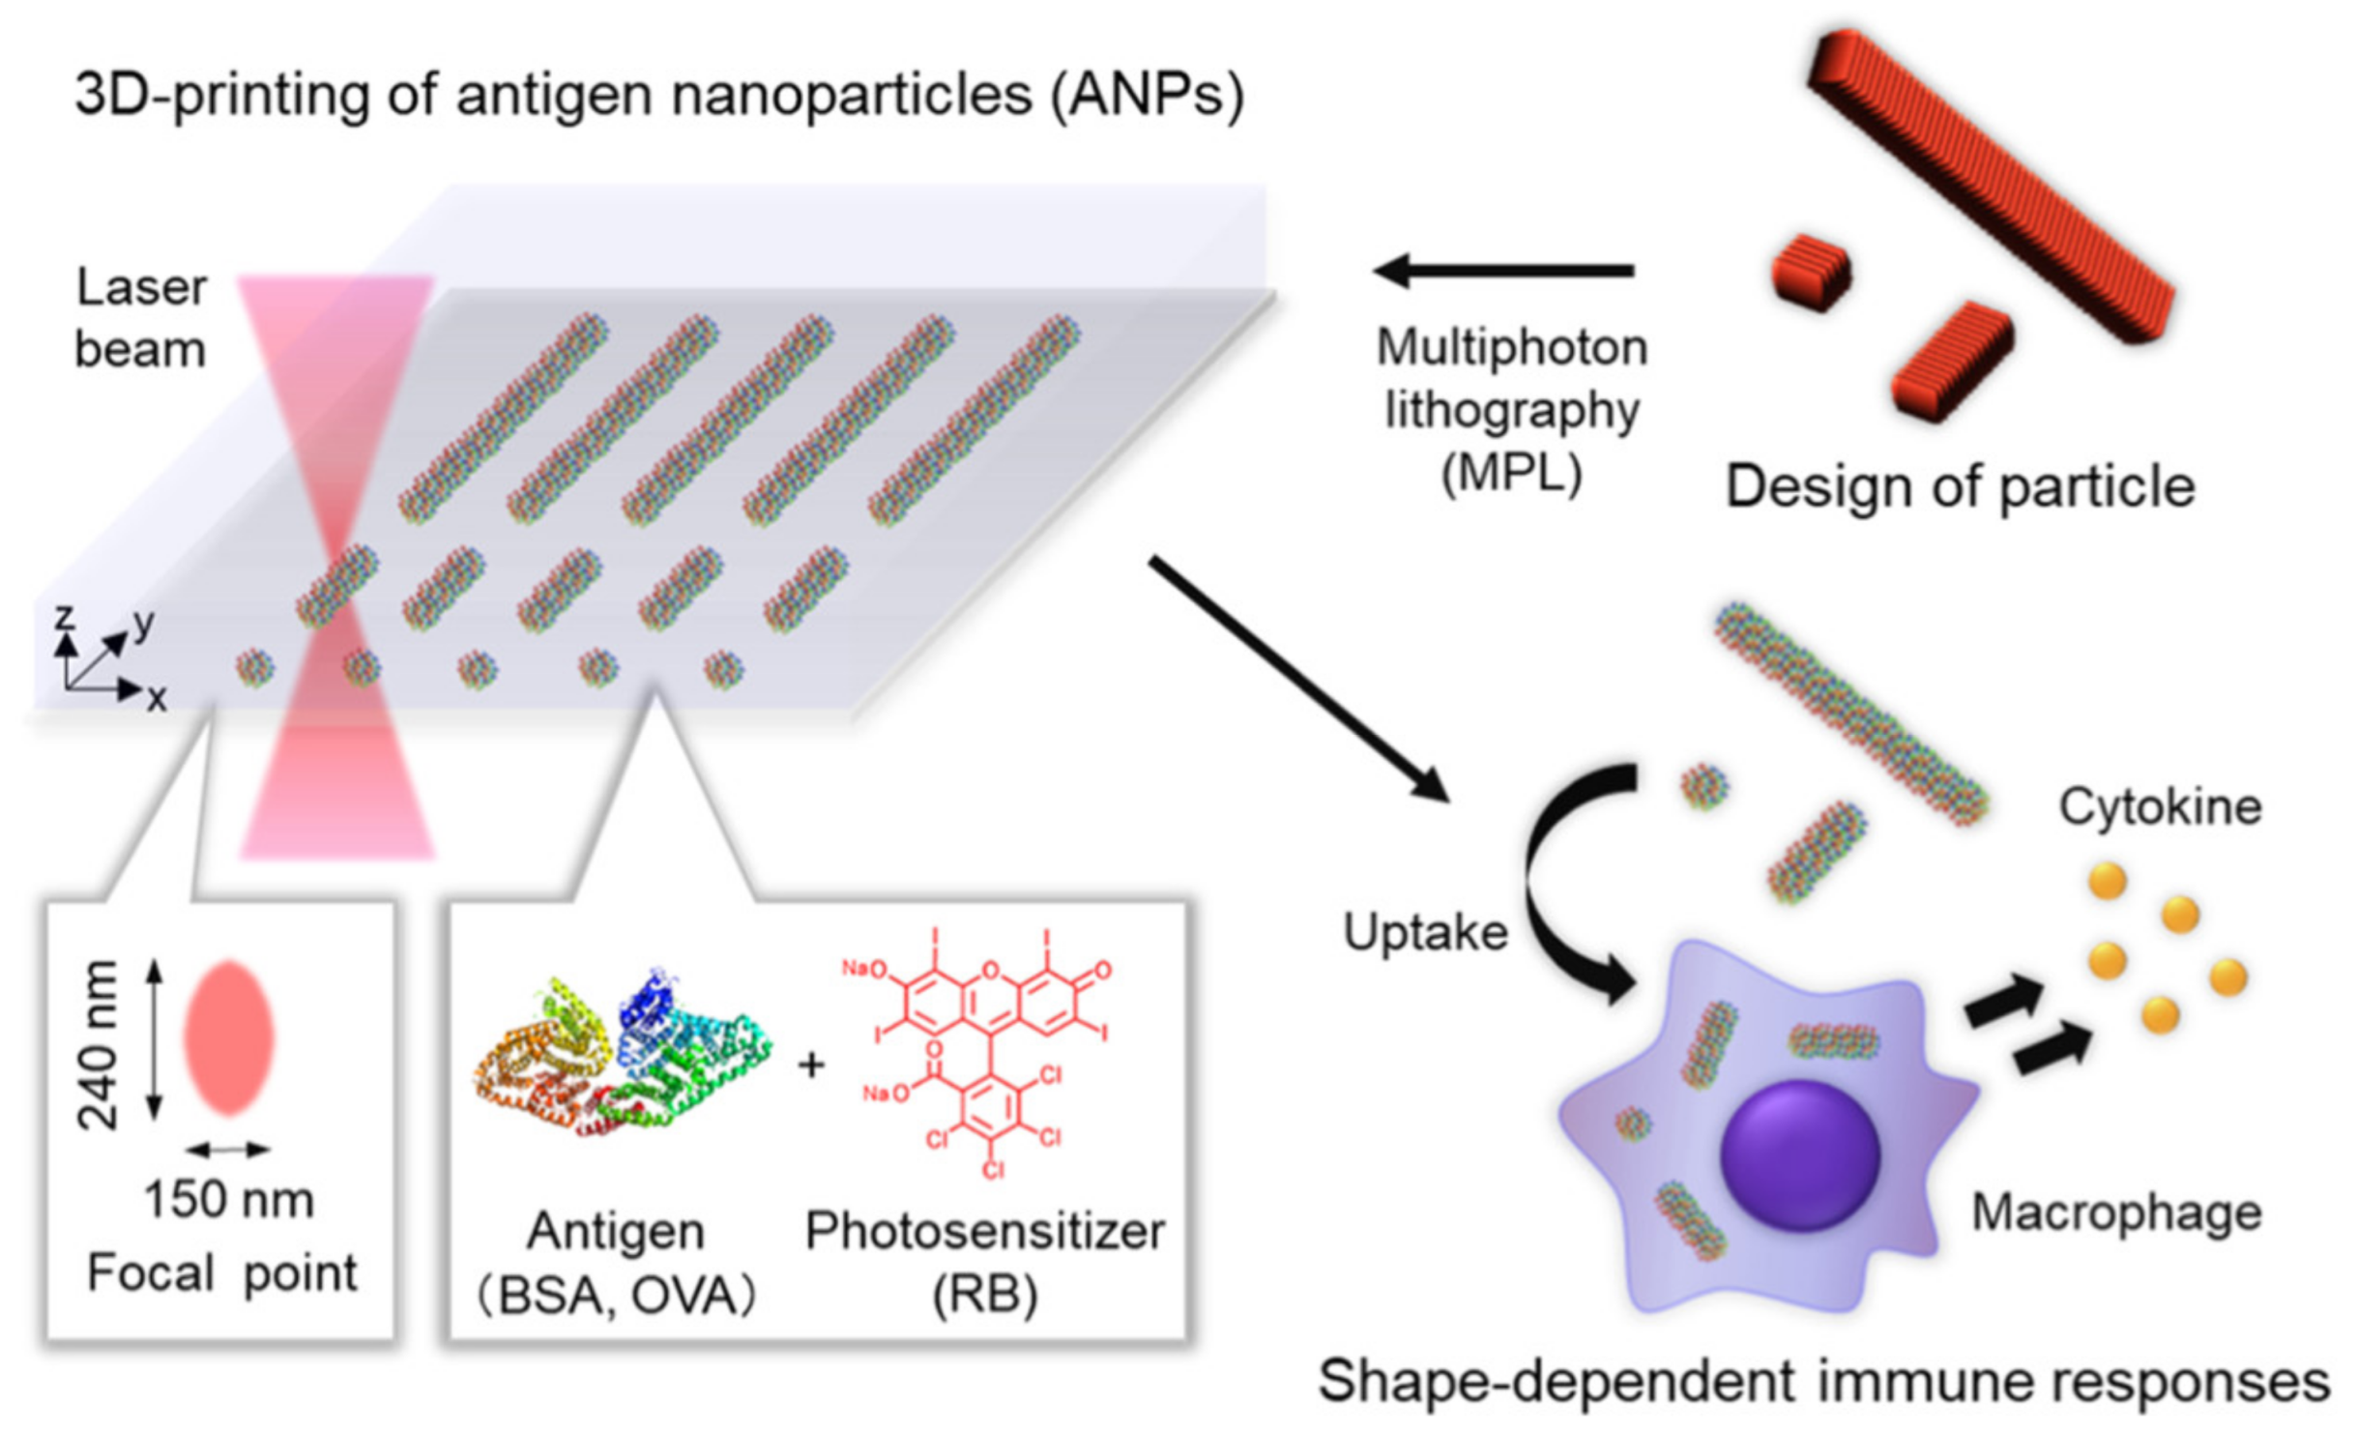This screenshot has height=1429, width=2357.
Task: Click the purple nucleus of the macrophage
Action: tap(1800, 1154)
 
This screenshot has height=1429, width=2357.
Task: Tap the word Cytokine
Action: tap(2160, 806)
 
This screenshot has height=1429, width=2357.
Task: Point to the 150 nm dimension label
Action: tap(229, 1200)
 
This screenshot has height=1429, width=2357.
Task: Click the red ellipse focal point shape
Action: tap(229, 1037)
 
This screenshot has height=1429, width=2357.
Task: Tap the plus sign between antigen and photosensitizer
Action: tap(811, 1064)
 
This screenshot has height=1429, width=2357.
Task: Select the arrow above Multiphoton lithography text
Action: tap(1503, 271)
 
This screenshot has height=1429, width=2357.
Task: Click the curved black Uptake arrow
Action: tap(1557, 889)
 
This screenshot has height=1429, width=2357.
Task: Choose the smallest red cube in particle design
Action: tap(1811, 273)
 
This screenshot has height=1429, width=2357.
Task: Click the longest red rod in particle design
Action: tap(1992, 184)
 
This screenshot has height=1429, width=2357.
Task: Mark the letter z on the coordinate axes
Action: tap(64, 617)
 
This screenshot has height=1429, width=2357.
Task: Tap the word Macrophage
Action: tap(2115, 1212)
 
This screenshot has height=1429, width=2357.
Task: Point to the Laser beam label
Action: tap(141, 318)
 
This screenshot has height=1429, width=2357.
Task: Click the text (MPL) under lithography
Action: tap(1511, 474)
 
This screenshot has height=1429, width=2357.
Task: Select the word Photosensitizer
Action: tap(985, 1231)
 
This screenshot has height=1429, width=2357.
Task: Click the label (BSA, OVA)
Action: tap(616, 1296)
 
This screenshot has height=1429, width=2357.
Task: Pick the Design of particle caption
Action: tap(1961, 485)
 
